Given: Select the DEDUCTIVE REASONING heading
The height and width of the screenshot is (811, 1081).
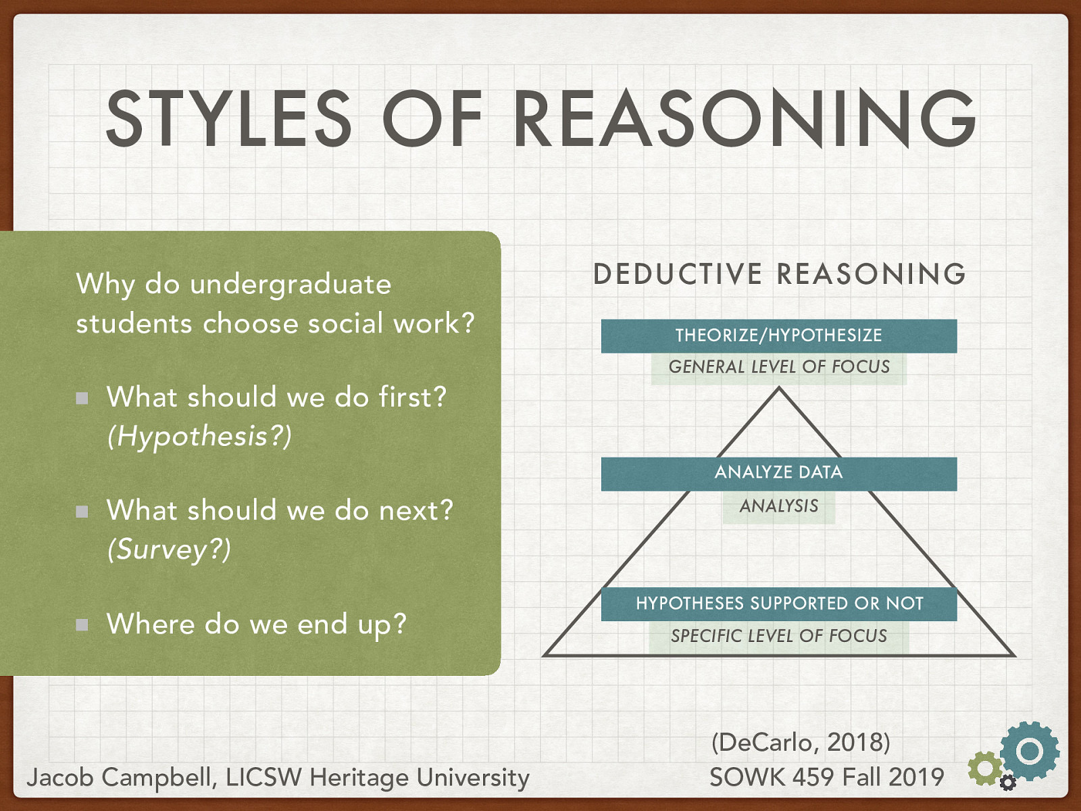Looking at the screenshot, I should click(x=779, y=274).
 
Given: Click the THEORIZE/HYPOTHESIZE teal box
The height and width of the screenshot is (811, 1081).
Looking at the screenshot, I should click(x=779, y=335).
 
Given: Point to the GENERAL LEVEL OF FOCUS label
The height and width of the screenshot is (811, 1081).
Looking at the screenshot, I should click(x=779, y=367).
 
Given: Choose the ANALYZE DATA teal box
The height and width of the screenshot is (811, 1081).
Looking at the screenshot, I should click(x=779, y=472).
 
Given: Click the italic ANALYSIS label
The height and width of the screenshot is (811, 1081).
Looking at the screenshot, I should click(x=779, y=506).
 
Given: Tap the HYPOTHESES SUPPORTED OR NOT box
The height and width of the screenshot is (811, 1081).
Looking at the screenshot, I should click(x=779, y=604).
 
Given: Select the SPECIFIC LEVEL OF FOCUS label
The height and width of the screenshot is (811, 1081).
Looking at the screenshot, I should click(x=779, y=636).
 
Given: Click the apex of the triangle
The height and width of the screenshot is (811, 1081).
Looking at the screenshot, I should click(x=779, y=389).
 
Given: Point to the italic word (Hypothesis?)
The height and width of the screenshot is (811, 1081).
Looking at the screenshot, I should click(x=199, y=436).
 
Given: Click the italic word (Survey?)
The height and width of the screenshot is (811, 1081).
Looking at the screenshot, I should click(x=169, y=549).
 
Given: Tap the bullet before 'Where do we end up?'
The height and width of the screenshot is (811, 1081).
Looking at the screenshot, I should click(x=82, y=624).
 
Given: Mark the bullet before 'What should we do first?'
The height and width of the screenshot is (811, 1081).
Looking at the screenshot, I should click(x=82, y=398).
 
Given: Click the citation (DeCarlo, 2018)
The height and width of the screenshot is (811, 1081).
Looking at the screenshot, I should click(x=801, y=742).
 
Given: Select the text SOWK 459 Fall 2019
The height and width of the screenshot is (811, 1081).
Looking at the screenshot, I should click(x=826, y=777).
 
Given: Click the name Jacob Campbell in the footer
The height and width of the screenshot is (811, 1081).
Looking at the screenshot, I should click(x=120, y=777).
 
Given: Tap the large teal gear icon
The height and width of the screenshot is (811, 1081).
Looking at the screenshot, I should click(x=1030, y=751).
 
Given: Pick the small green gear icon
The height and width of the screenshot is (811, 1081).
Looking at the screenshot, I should click(x=985, y=768).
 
